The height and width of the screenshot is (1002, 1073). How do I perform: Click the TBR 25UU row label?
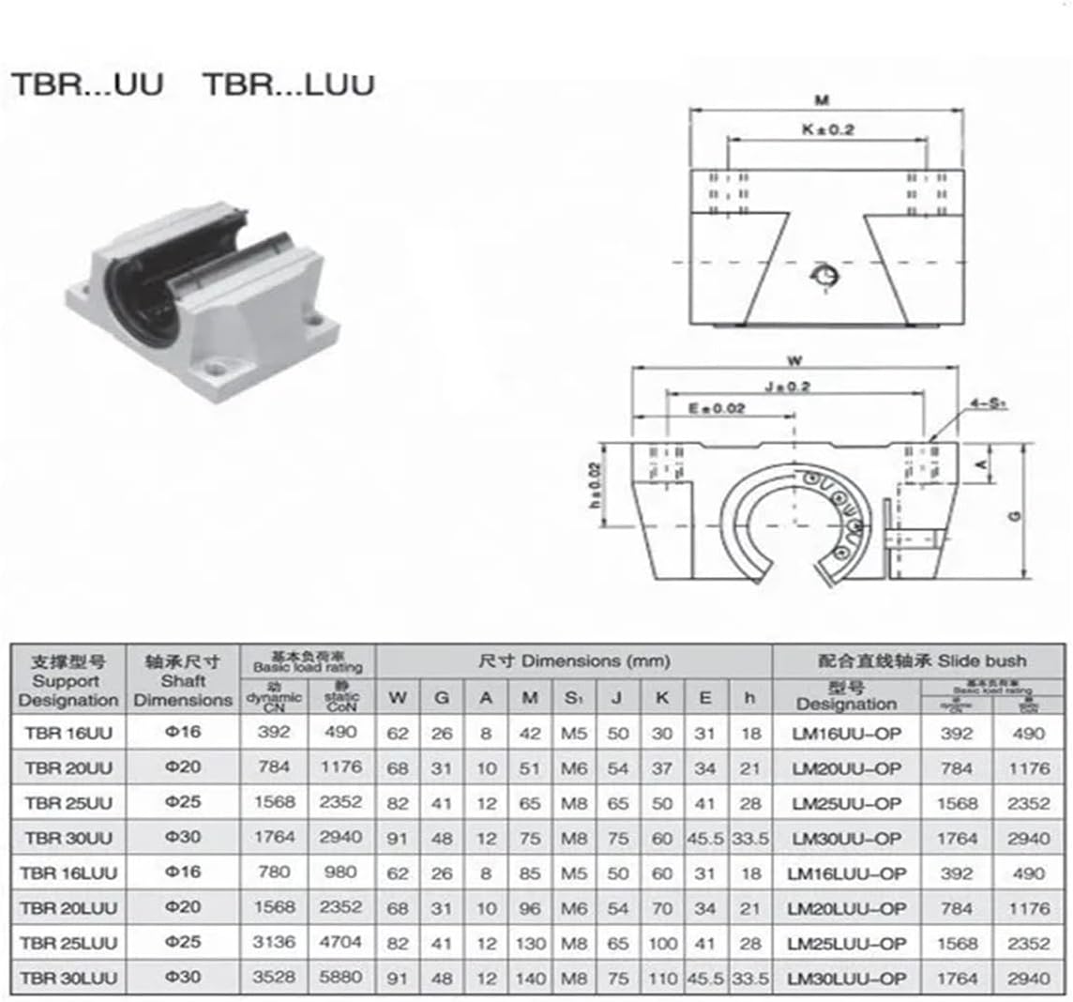point(68,803)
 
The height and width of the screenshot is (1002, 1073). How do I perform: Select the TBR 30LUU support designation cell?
point(68,978)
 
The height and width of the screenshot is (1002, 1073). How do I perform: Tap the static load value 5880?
point(340,978)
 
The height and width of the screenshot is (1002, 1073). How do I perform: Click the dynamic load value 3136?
point(274,942)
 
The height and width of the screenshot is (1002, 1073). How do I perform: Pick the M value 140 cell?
point(531,978)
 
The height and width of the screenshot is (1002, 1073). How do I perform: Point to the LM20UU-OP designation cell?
point(846,768)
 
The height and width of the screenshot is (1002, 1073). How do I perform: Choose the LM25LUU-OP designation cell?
point(846,942)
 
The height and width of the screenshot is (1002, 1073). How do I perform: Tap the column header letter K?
point(661,697)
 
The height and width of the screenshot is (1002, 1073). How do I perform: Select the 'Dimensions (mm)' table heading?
point(574,660)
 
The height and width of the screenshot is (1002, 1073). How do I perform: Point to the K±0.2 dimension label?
point(827,129)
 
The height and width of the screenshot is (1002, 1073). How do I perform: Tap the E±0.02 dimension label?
point(717,408)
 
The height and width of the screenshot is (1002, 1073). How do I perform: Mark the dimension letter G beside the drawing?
point(1018,515)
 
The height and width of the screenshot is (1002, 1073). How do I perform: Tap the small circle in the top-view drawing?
point(824,275)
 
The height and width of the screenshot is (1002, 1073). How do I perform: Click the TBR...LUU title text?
point(289,84)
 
